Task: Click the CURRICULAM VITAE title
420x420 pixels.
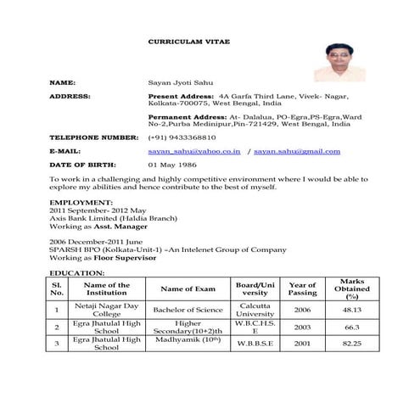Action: point(188,41)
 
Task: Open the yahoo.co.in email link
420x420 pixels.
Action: point(194,150)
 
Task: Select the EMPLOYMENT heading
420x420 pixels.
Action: point(81,203)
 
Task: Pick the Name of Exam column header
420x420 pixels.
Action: point(188,289)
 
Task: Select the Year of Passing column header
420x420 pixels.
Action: point(302,289)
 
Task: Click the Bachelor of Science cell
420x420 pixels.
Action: point(188,311)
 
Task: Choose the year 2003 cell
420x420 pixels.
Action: point(302,327)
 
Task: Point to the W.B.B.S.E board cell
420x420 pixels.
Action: point(255,343)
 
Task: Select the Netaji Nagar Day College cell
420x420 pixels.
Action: point(107,310)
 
